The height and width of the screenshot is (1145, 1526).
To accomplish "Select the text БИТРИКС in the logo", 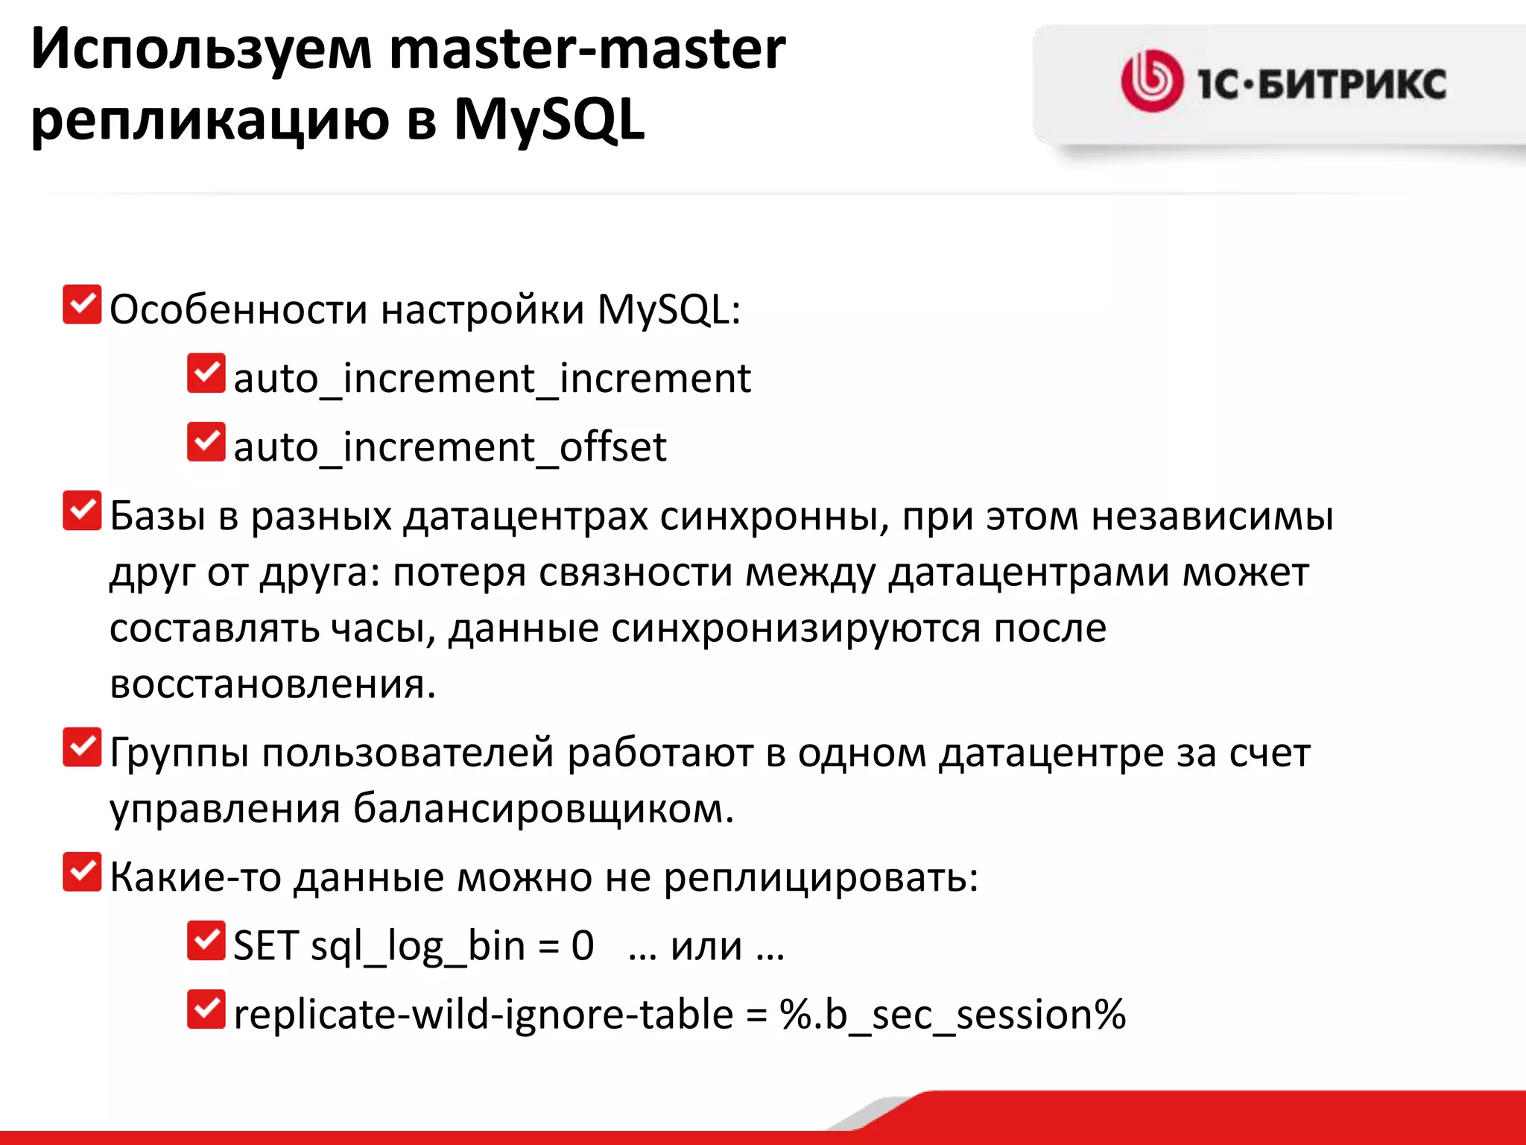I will point(1352,83).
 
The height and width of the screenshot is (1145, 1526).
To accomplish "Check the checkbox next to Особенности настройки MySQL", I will point(82,305).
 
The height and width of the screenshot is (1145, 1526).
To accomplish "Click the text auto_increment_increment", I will point(492,379).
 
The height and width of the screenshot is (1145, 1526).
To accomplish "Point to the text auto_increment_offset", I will point(449,447).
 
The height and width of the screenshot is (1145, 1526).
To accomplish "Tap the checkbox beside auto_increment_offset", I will point(206,442).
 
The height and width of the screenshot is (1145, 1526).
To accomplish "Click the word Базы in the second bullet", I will point(157,516).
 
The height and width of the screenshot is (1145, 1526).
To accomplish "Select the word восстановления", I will point(272,684).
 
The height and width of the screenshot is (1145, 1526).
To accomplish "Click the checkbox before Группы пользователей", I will point(82,748).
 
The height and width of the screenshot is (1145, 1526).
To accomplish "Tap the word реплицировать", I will point(820,877).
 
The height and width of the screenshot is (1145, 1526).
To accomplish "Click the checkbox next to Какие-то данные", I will point(82,872).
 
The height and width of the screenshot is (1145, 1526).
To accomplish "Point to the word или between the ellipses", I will point(706,947).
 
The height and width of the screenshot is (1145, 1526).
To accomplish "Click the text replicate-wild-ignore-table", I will point(483,1015).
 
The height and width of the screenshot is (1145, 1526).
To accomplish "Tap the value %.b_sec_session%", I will point(952,1015).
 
